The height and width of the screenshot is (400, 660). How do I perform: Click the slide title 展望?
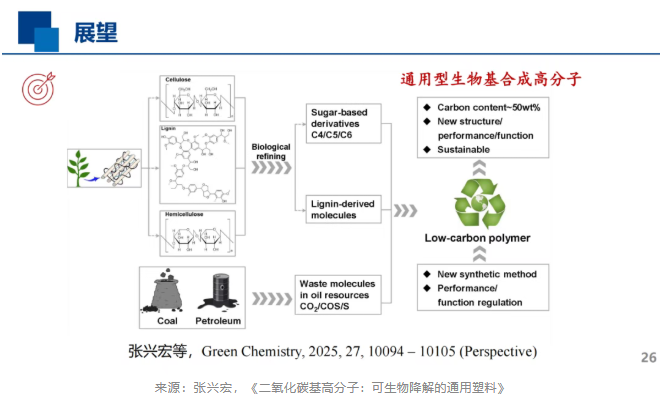(96, 32)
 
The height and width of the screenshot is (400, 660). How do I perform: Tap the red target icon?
(35, 91)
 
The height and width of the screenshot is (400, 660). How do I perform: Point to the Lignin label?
(168, 129)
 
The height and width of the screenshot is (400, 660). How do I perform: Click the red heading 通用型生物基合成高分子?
(490, 78)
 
